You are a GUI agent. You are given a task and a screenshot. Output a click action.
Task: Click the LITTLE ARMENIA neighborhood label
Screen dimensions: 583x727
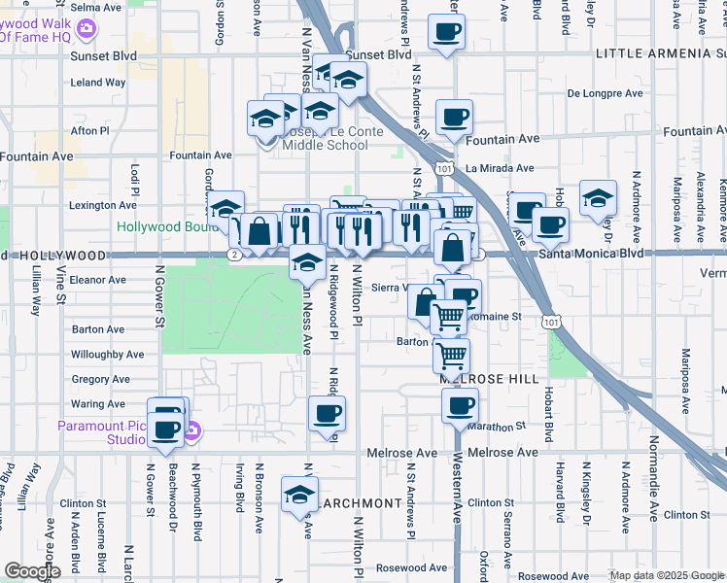pyautogui.click(x=660, y=53)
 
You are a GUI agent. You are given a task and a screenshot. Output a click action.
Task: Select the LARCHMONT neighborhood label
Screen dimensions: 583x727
pyautogui.click(x=360, y=502)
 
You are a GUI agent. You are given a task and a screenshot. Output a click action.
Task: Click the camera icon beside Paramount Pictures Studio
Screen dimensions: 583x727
pyautogui.click(x=192, y=430)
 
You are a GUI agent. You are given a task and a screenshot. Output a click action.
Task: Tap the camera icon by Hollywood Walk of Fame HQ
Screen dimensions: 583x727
pyautogui.click(x=87, y=28)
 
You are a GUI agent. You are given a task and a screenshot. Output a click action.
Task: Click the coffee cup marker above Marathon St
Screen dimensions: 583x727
pyautogui.click(x=460, y=406)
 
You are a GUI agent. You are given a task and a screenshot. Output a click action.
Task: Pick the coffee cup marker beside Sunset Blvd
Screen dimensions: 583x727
pyautogui.click(x=447, y=32)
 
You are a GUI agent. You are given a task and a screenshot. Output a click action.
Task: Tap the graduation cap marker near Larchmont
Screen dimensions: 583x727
pyautogui.click(x=299, y=494)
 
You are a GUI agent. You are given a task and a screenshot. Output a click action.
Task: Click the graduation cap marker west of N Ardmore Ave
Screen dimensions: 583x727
pyautogui.click(x=598, y=198)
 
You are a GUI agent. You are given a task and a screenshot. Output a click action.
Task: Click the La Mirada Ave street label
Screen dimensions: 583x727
pyautogui.click(x=501, y=168)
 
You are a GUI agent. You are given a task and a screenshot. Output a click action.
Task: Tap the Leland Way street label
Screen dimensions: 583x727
pyautogui.click(x=98, y=83)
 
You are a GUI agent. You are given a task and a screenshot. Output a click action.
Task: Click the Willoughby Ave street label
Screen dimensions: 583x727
pyautogui.click(x=107, y=355)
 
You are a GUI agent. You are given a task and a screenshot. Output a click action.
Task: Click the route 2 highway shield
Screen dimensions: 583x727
pyautogui.click(x=234, y=255)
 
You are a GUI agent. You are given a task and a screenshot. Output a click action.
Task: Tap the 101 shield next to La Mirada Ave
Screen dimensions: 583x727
pyautogui.click(x=444, y=169)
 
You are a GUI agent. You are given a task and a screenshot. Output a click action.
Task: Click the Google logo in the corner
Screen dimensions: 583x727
pyautogui.click(x=31, y=571)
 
